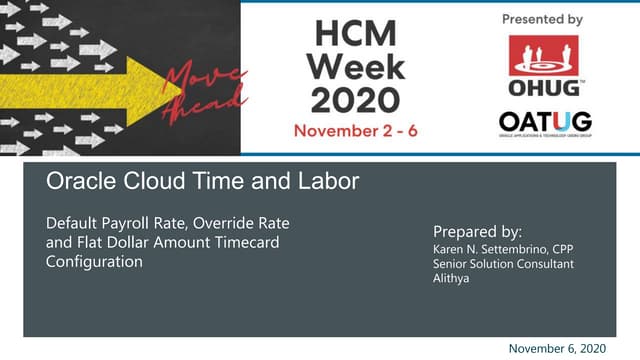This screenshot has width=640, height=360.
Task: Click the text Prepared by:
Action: (x=478, y=230)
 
